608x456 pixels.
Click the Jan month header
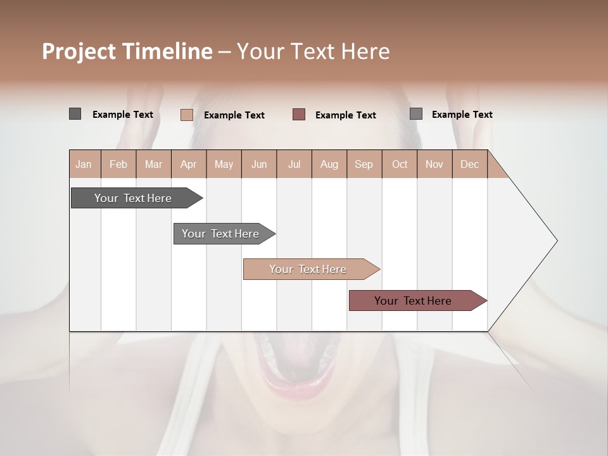coord(84,165)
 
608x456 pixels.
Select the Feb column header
coord(118,165)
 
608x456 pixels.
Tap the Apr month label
coord(189,165)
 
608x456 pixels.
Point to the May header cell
coord(224,165)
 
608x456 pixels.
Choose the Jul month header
coord(294,165)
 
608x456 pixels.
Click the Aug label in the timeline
coord(329,165)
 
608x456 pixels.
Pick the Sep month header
coord(364,165)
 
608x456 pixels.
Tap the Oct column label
coord(400,165)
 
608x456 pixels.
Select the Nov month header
coord(434,165)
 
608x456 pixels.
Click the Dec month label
coord(470,165)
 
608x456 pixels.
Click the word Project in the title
coord(79,52)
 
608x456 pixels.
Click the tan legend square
coord(187,115)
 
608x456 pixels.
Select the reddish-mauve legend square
coord(299,114)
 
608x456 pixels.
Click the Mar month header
coord(153,165)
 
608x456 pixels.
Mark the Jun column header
coord(259,165)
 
